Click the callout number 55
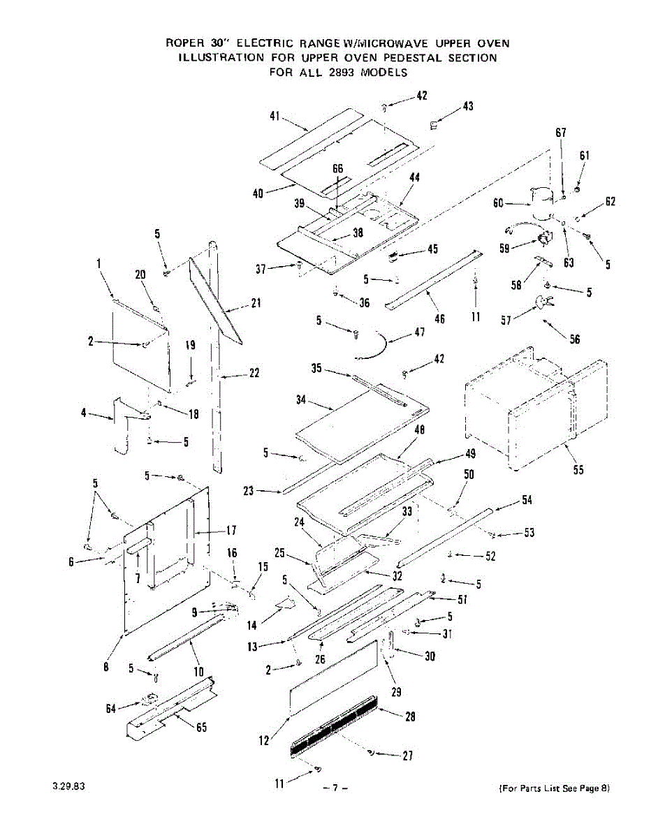(x=578, y=470)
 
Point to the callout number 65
(x=200, y=728)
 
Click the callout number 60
(x=498, y=203)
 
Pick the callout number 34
(x=301, y=400)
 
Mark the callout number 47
(x=419, y=332)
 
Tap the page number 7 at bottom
(x=335, y=788)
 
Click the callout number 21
(x=256, y=304)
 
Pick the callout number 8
(x=106, y=667)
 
